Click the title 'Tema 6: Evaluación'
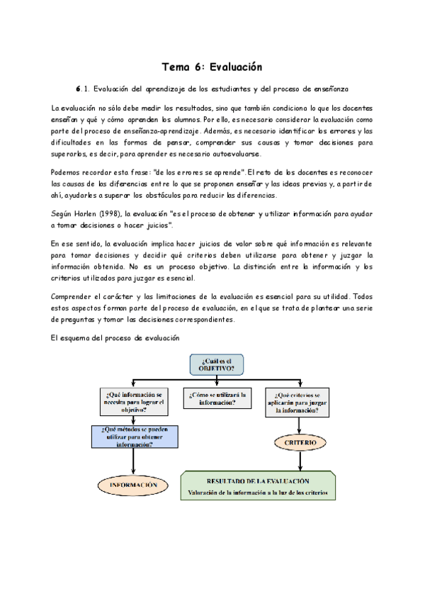click(212, 67)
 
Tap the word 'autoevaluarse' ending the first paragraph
click(234, 153)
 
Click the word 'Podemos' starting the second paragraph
click(67, 173)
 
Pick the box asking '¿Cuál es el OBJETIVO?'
click(217, 364)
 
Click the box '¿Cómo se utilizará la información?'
click(217, 398)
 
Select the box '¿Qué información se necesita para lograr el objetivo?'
click(134, 402)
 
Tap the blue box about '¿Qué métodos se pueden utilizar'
click(133, 437)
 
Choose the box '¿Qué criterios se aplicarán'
click(302, 402)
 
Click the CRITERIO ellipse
click(302, 442)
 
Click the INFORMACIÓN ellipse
click(133, 485)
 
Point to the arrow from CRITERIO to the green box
click(302, 461)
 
